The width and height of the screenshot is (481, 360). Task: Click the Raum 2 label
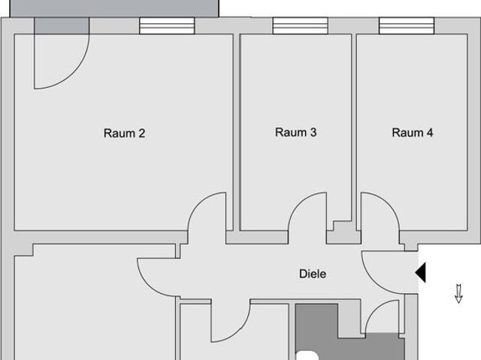tap(124, 134)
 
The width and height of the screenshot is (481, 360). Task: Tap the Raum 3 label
tap(295, 132)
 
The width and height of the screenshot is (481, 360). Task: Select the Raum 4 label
tap(412, 133)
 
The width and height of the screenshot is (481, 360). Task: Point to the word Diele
tap(313, 274)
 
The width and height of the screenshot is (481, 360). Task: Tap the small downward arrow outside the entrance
tap(458, 293)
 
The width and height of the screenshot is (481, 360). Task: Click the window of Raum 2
tap(167, 26)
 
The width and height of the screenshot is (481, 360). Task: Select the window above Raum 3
tap(300, 26)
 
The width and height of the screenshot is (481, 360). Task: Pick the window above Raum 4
tap(407, 26)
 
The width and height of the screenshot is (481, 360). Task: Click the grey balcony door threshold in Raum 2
tap(61, 26)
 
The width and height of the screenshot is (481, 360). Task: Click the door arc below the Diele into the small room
tap(229, 323)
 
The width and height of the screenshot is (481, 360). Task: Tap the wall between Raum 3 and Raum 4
tap(354, 128)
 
